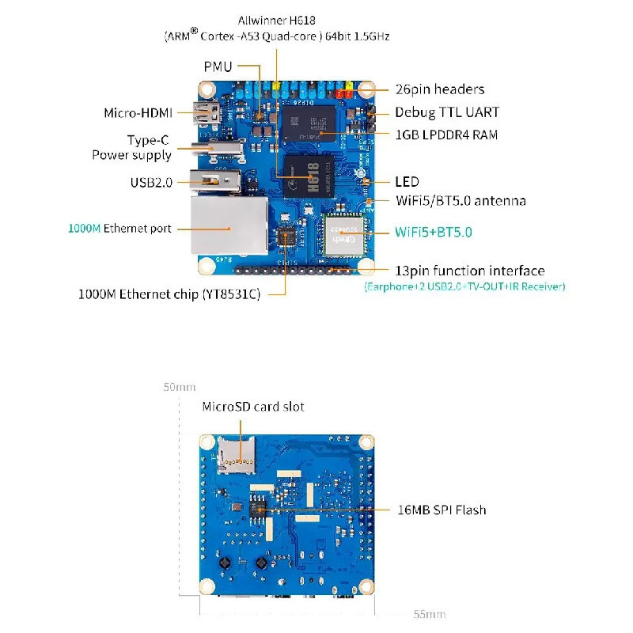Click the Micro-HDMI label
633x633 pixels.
[x=138, y=112]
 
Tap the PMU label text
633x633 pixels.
[x=218, y=66]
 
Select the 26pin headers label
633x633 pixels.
[x=440, y=89]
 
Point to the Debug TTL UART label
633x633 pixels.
[x=447, y=112]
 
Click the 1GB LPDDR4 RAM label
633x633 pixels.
[x=446, y=135]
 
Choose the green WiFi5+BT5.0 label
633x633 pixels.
[x=434, y=232]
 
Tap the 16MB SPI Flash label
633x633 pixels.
[x=442, y=510]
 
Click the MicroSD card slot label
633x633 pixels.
[x=253, y=407]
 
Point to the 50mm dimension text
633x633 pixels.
[x=180, y=387]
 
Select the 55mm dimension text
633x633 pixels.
[x=430, y=614]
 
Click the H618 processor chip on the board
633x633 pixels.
[x=309, y=176]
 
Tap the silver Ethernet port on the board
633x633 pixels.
[x=229, y=226]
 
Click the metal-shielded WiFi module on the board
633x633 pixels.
[x=344, y=235]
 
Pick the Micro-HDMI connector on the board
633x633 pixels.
[x=207, y=112]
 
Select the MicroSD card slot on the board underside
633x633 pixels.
[x=236, y=454]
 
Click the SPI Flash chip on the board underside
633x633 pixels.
[x=258, y=510]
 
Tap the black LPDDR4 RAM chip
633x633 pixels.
[x=309, y=123]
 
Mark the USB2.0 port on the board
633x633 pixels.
[x=215, y=180]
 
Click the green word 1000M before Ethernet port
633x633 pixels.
[x=85, y=229]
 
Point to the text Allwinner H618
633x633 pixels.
[x=276, y=21]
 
